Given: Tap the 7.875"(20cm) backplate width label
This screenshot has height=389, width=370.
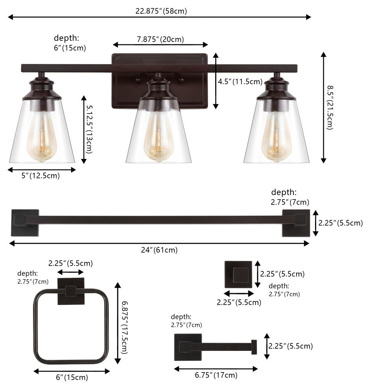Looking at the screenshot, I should (160, 39).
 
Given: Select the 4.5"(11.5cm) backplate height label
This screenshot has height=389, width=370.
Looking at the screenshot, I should (240, 82).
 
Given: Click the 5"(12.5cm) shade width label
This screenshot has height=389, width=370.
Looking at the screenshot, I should (40, 176).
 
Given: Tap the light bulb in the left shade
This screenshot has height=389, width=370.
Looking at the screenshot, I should (41, 136).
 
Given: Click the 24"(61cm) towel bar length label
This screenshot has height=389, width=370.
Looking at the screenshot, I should (159, 250).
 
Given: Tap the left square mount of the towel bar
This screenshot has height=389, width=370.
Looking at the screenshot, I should (24, 222).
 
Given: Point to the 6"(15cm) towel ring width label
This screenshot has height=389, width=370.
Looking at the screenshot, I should (71, 378).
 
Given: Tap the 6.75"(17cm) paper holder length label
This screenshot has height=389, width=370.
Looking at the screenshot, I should (216, 375).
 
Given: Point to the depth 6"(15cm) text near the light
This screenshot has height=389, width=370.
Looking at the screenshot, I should (70, 43).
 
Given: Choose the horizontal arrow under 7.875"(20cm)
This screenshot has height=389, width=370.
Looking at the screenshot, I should (160, 45).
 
